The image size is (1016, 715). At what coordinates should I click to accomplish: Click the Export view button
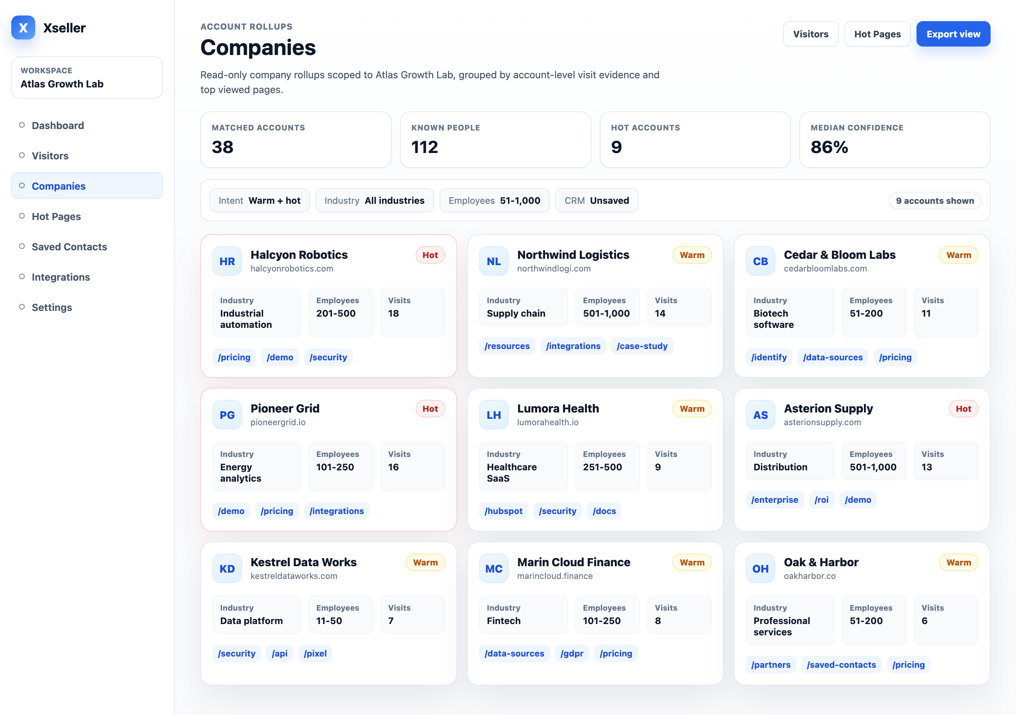point(953,34)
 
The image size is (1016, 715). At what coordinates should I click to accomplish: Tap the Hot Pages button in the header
point(877,34)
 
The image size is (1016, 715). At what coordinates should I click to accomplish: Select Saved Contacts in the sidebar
point(69,247)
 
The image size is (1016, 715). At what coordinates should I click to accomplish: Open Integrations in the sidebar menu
point(61,277)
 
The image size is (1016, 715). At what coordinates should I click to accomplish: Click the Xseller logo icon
point(23,28)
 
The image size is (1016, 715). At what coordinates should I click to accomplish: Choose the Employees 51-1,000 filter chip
point(494,201)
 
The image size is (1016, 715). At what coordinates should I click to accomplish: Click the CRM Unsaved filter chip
point(597,201)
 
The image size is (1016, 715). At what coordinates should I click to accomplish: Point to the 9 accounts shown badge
point(935,201)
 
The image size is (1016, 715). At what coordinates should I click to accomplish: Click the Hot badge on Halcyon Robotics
point(430,255)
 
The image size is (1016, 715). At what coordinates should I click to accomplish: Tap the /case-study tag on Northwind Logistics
point(642,346)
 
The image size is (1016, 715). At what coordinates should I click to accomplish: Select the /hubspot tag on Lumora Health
point(503,511)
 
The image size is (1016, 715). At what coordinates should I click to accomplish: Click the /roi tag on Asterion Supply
point(822,500)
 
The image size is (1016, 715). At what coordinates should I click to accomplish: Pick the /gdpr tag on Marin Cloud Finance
point(572,654)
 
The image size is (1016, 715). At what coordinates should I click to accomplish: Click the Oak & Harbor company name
point(821,562)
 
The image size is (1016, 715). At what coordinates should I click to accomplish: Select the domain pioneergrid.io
point(278,422)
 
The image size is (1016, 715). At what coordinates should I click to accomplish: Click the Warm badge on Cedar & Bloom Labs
point(958,255)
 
